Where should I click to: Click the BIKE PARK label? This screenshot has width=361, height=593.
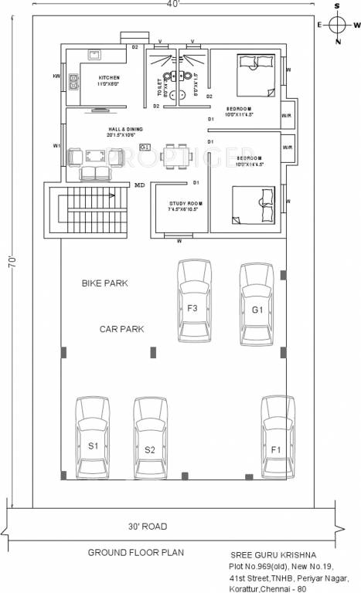point(105,283)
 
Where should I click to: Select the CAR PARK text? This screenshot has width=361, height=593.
point(121,329)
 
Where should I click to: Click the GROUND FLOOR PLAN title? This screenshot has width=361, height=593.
point(135,553)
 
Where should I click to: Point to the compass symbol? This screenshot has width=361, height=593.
point(337,23)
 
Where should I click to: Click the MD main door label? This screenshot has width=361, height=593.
point(139,185)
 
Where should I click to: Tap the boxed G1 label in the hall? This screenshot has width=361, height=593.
point(145,147)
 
